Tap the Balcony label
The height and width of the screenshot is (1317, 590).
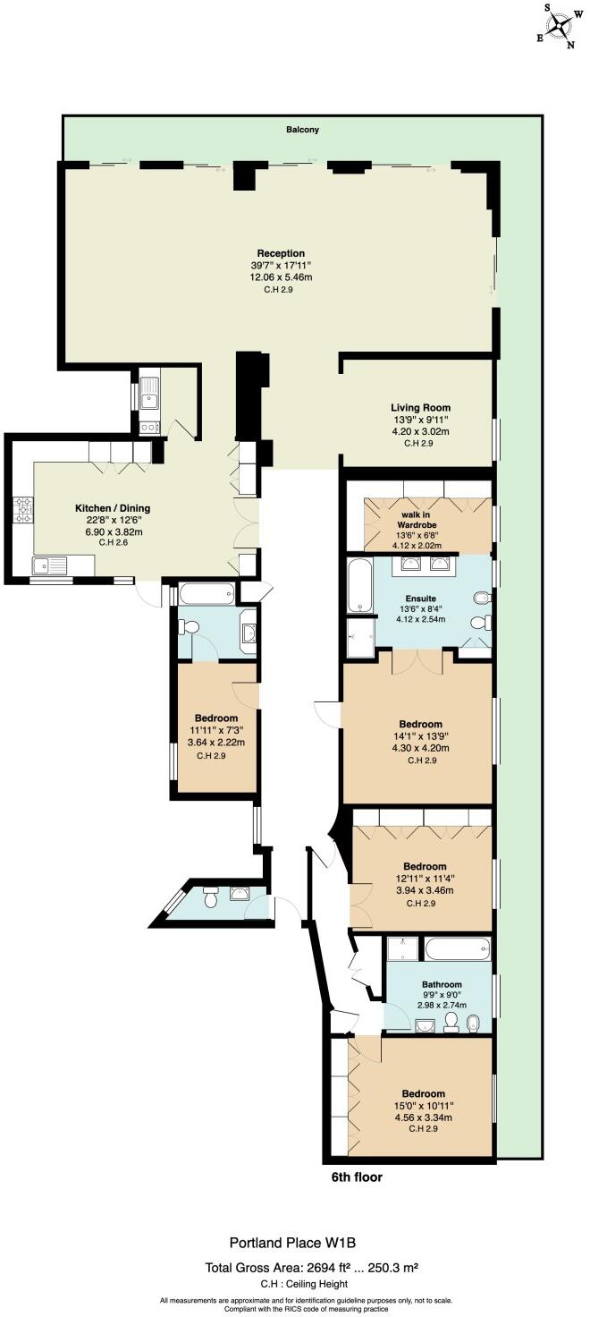302,130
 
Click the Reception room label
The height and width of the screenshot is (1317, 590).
281,253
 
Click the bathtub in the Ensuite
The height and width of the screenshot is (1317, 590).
358,586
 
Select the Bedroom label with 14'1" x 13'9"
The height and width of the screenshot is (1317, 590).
420,724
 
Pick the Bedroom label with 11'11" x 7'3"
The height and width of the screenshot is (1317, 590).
216,718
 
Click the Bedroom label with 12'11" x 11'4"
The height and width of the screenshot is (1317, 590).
425,866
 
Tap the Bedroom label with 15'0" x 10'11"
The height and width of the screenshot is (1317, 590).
423,1093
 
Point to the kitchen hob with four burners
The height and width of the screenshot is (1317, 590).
21,510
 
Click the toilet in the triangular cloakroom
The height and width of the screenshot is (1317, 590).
211,899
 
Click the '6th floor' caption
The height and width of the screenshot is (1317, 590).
357,1177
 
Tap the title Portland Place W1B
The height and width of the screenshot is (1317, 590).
293,1242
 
